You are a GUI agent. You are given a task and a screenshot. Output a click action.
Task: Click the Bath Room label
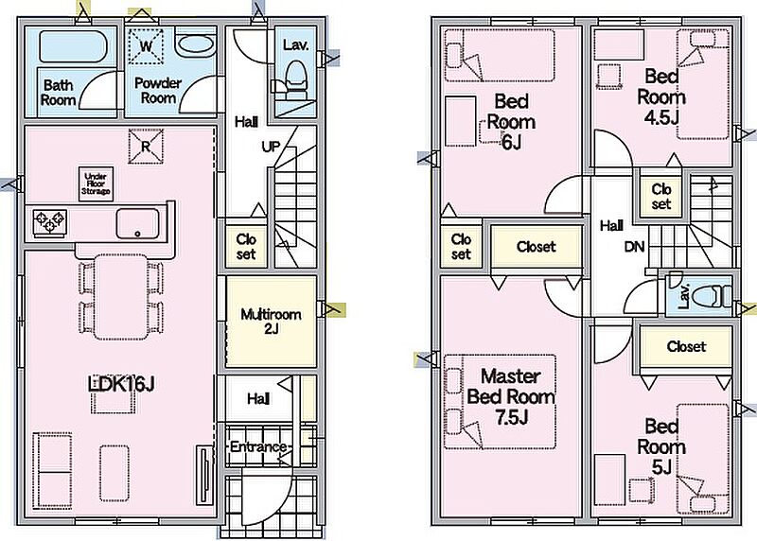point(59,92)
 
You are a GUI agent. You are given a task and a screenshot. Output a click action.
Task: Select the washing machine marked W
point(147,45)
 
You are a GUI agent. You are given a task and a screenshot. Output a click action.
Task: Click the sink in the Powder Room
point(195,45)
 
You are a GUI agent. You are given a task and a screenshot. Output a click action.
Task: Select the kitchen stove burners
point(51,221)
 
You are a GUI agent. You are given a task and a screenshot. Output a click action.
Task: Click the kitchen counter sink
point(141,224)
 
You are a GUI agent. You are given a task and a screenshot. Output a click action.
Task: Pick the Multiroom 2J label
point(270,322)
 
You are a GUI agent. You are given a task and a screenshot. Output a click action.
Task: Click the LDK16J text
point(121,384)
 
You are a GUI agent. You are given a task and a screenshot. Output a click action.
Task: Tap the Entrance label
point(257,446)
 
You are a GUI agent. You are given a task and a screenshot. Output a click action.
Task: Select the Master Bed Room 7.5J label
point(510,396)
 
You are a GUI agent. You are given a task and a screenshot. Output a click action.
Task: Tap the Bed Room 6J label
point(510,122)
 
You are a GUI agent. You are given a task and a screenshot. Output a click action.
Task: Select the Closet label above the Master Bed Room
point(536,247)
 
